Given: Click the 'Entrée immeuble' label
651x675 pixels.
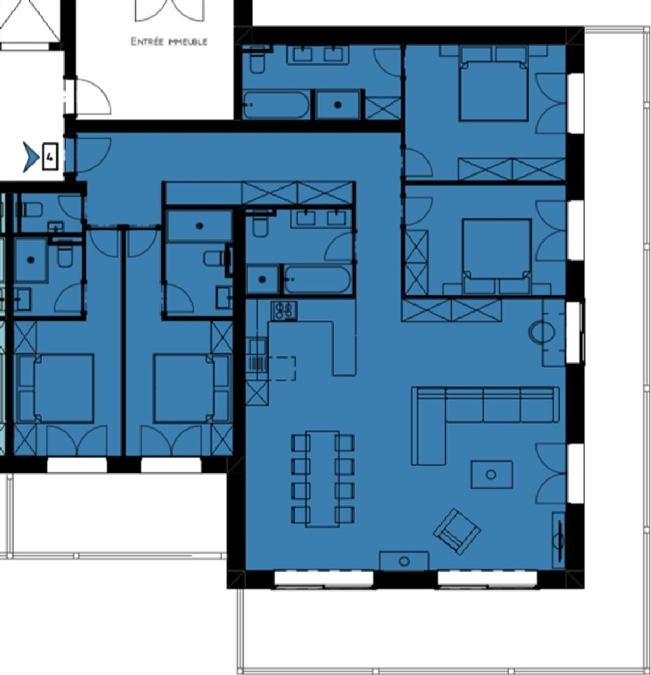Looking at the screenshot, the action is (169, 42).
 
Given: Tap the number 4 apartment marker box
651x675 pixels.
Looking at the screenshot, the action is (50, 157).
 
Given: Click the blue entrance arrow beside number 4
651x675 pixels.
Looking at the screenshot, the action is (31, 157).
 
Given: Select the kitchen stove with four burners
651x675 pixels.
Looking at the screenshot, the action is (284, 310).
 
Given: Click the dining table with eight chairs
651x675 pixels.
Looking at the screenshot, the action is (323, 479).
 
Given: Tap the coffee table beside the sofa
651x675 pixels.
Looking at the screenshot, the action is (492, 474).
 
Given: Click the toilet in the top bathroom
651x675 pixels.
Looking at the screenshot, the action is (257, 60).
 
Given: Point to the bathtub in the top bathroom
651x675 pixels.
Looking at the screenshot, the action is (276, 105).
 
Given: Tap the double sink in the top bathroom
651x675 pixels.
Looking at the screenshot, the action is (317, 55).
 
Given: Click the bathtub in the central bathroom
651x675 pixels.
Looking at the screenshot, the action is (317, 280).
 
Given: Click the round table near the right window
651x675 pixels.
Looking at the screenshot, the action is (541, 332).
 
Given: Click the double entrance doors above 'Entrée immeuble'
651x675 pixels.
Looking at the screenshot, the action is (169, 11).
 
